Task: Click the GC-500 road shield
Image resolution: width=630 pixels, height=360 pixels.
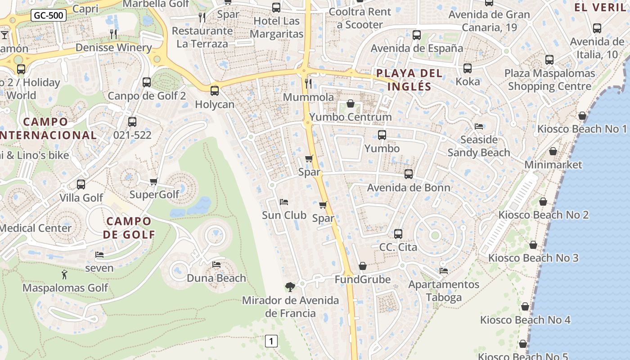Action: click(x=49, y=16)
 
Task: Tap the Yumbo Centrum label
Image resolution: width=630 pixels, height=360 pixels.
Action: click(x=351, y=117)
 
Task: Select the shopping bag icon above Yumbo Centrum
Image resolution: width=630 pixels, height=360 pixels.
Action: click(x=351, y=104)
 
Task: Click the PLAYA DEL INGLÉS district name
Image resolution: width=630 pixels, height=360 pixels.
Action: click(x=409, y=80)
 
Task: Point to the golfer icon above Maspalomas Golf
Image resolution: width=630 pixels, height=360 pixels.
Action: click(x=64, y=274)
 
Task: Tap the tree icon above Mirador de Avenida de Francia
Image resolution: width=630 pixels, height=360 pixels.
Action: click(x=290, y=287)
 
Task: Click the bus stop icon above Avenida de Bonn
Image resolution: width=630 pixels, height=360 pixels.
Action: click(x=409, y=174)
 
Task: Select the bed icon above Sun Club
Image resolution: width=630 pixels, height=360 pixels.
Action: click(x=283, y=202)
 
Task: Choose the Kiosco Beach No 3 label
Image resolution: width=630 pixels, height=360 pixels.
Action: click(x=533, y=258)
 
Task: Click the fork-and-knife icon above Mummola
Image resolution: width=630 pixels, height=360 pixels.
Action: click(x=308, y=83)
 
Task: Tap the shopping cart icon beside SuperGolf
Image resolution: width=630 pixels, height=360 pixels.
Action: click(x=153, y=182)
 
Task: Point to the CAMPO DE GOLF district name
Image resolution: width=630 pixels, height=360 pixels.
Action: click(x=129, y=228)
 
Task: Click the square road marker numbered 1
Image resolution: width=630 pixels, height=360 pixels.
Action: click(x=271, y=341)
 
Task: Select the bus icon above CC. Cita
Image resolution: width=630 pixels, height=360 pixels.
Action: click(x=398, y=234)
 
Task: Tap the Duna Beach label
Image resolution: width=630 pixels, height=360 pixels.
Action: click(x=216, y=278)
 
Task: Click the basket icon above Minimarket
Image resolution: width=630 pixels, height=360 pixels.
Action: click(x=553, y=152)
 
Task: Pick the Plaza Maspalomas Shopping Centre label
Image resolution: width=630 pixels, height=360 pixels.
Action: click(x=549, y=80)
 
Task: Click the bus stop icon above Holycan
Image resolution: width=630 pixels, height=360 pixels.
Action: click(x=215, y=91)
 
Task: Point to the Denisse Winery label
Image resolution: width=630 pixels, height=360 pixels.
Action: click(x=113, y=47)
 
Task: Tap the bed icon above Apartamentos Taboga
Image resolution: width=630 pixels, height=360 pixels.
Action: click(x=444, y=271)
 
